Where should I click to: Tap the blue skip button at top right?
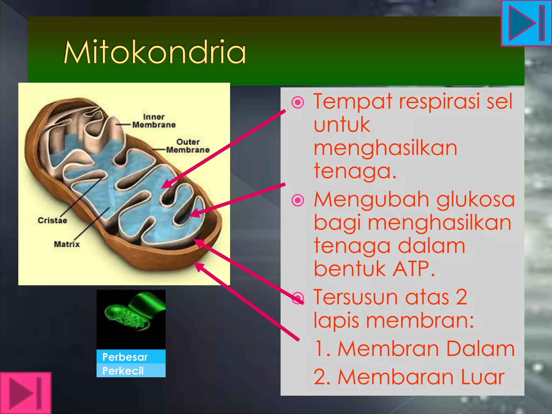click(526, 23)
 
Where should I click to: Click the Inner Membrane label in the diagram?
click(154, 121)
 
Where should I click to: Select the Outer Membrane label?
click(188, 146)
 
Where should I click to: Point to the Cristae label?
click(52, 220)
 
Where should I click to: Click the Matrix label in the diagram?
click(67, 244)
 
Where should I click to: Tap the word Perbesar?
click(125, 357)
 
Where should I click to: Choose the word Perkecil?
click(123, 371)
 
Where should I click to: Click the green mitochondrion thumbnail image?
click(131, 319)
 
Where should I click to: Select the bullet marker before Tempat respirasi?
click(298, 103)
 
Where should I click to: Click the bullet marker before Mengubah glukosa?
click(298, 200)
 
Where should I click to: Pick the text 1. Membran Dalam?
click(414, 349)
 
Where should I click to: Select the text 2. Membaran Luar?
click(409, 377)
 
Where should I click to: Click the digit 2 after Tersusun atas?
click(461, 297)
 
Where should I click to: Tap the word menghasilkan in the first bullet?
click(385, 148)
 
